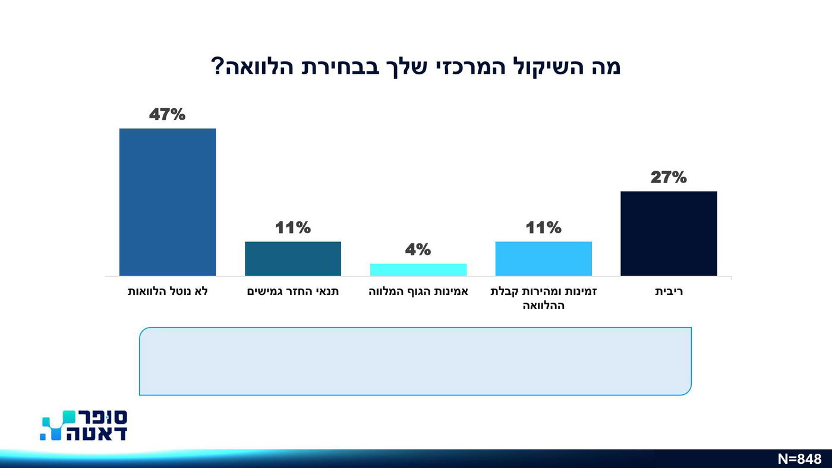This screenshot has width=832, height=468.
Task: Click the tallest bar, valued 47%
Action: pyautogui.click(x=168, y=202)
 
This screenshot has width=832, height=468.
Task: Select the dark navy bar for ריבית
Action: pyautogui.click(x=669, y=234)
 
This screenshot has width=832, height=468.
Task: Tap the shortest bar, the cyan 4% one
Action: pyautogui.click(x=418, y=270)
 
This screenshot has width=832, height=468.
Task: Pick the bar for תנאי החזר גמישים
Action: pyautogui.click(x=293, y=259)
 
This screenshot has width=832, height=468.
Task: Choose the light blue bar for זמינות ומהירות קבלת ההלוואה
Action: pyautogui.click(x=543, y=259)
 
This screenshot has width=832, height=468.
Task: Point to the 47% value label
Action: pyautogui.click(x=168, y=114)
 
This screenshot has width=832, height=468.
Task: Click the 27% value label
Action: pyautogui.click(x=669, y=177)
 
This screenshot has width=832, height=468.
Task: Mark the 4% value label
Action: pyautogui.click(x=418, y=250)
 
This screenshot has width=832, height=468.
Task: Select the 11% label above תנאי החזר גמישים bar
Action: pyautogui.click(x=293, y=228)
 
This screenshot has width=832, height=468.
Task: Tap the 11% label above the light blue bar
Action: pyautogui.click(x=543, y=228)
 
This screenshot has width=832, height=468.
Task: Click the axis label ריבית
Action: pyautogui.click(x=669, y=292)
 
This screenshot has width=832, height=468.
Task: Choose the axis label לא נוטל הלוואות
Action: pyautogui.click(x=168, y=292)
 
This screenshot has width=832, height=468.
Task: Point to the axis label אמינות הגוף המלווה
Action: pyautogui.click(x=418, y=292)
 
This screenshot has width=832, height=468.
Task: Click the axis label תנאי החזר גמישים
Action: pyautogui.click(x=293, y=292)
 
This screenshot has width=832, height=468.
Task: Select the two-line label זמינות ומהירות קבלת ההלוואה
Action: pyautogui.click(x=543, y=299)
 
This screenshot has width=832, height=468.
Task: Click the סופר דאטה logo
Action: pyautogui.click(x=84, y=425)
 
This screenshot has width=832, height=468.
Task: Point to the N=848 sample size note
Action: pyautogui.click(x=799, y=459)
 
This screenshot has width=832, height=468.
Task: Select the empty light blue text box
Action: pyautogui.click(x=415, y=361)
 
